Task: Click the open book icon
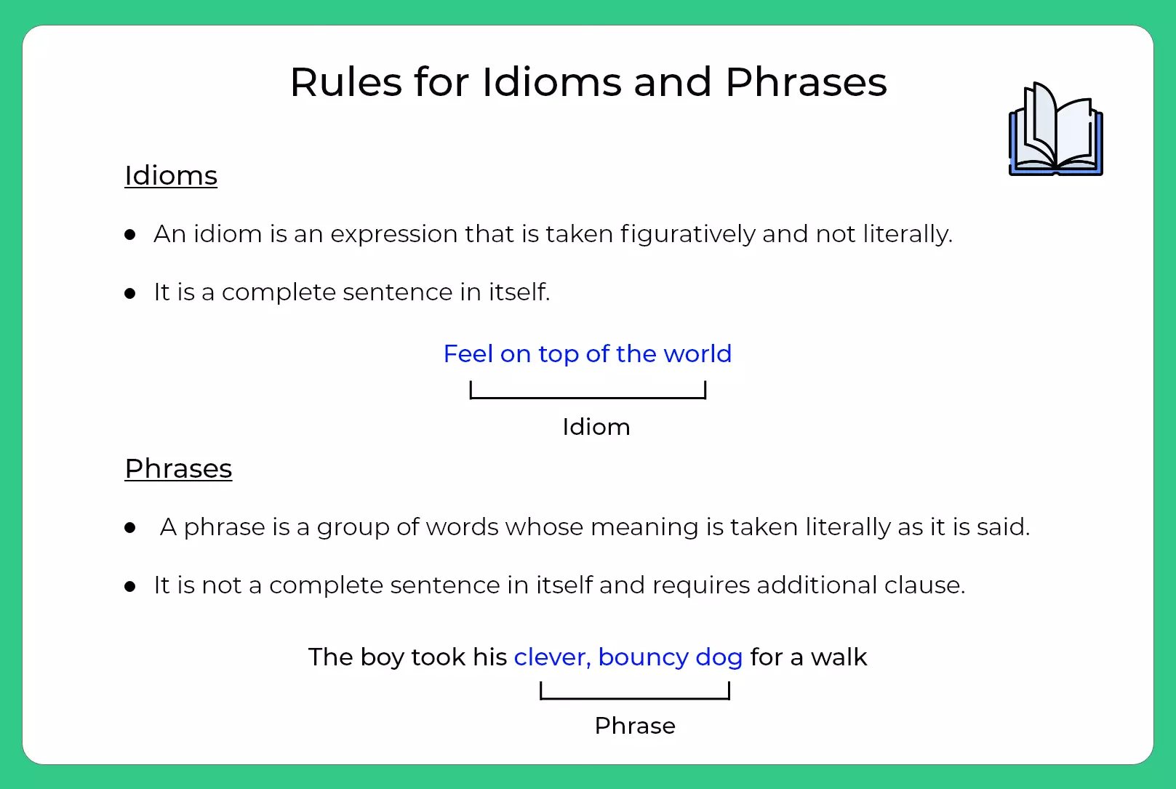pos(1055,130)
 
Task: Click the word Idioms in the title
pos(552,82)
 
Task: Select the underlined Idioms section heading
pos(171,176)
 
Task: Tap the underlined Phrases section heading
pos(178,469)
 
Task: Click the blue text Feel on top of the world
pos(587,354)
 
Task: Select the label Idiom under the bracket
pos(596,427)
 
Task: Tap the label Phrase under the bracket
pos(635,726)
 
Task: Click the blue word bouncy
pos(643,657)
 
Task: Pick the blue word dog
pos(719,657)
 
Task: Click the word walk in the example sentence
pos(839,657)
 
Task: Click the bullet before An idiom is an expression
pos(130,235)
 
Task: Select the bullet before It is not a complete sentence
pos(130,586)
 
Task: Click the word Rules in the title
pos(346,82)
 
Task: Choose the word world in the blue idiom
pos(697,354)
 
